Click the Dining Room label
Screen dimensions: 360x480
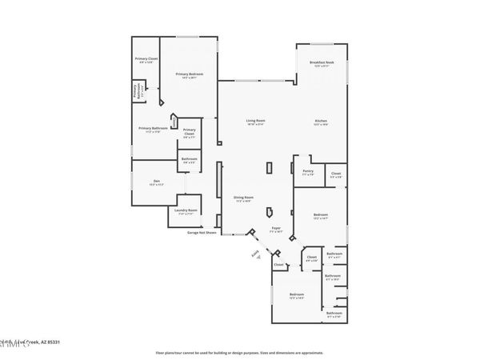(243, 198)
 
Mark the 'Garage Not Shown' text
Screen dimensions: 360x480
(202, 233)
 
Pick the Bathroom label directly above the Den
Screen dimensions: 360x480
(190, 160)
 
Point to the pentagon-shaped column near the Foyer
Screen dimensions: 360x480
(270, 212)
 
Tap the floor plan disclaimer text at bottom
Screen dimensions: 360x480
(239, 352)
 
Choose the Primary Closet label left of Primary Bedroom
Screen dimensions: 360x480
(145, 60)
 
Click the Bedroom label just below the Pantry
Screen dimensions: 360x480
(320, 215)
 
